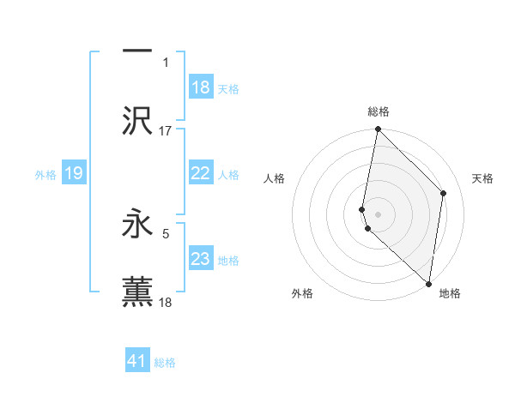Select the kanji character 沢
point(137,122)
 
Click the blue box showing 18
point(201,87)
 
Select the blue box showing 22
point(201,173)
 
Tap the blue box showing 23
point(201,259)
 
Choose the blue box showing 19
point(74,173)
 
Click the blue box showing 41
point(137,361)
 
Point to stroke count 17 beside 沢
point(166,130)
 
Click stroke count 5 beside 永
point(166,232)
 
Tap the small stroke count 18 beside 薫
point(166,302)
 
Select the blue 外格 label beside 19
point(45,174)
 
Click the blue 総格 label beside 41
point(165,362)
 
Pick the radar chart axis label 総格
point(379,111)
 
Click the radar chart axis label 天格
point(483,178)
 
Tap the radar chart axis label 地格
point(450,294)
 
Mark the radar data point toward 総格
point(378,129)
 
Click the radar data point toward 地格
point(428,282)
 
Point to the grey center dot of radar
point(378,213)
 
